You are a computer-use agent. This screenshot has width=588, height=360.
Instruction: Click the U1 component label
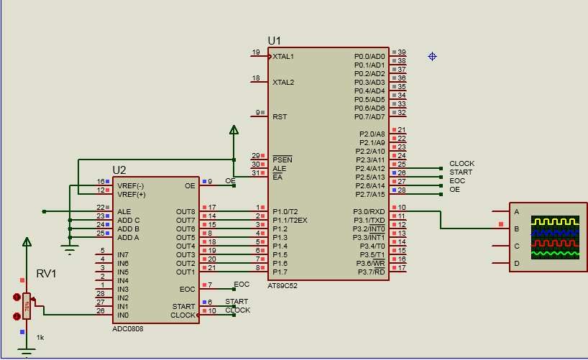click(275, 40)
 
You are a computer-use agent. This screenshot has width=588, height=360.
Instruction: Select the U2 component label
click(119, 170)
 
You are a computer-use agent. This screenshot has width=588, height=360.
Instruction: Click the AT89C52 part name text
click(283, 285)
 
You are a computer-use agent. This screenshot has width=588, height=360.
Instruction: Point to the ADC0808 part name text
click(128, 328)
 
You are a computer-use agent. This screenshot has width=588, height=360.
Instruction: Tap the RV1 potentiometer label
click(46, 274)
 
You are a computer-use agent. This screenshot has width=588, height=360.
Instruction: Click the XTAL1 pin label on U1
click(283, 56)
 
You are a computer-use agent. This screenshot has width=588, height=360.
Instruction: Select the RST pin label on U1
click(279, 116)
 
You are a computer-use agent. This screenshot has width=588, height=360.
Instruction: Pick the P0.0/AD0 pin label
click(369, 56)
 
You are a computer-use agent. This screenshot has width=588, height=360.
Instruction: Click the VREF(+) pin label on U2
click(131, 194)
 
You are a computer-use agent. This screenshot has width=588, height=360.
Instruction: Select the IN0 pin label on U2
click(123, 315)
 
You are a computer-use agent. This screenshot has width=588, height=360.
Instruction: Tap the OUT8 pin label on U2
click(185, 211)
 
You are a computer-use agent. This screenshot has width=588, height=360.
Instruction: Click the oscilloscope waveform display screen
click(555, 237)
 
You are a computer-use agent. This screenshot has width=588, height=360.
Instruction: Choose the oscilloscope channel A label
click(516, 211)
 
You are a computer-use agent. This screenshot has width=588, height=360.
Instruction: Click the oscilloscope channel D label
click(516, 264)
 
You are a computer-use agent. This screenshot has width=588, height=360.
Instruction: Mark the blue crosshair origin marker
click(433, 56)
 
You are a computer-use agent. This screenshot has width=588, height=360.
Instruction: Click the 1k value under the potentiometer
click(40, 337)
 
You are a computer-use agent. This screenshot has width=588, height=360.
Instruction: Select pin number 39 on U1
click(402, 52)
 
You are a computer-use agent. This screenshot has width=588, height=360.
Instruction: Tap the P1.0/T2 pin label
click(286, 211)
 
